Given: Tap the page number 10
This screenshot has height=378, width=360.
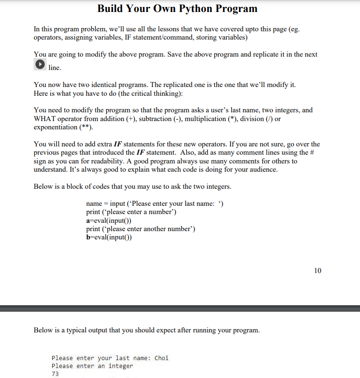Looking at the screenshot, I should (318, 270).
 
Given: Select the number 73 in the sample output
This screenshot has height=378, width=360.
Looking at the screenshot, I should (55, 374).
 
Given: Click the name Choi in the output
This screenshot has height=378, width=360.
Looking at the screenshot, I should (161, 358).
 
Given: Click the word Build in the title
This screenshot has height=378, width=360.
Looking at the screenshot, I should (112, 9).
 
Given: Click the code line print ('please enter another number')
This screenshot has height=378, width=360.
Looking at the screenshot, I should (141, 229).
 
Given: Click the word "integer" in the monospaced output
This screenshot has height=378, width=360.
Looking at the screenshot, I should (120, 366).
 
